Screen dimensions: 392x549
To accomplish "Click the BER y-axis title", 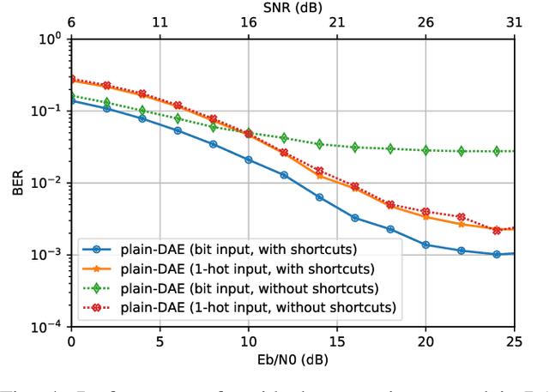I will tap(18, 183).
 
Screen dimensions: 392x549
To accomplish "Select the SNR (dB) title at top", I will tap(293, 7).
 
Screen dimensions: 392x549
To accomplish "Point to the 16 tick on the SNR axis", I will tap(248, 24).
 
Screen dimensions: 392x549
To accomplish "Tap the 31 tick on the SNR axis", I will tap(514, 24).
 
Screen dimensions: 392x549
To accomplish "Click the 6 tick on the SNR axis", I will tap(70, 24).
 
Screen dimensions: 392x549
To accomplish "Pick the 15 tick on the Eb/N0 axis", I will tap(337, 342).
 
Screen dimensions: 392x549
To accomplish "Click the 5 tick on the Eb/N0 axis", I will tap(160, 342).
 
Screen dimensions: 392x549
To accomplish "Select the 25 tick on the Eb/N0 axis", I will tap(514, 342).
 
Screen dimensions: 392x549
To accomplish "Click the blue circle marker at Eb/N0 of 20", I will tap(425, 244).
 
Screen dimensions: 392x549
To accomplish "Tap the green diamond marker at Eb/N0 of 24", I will tap(497, 151).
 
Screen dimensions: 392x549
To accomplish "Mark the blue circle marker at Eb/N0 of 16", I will tap(354, 218).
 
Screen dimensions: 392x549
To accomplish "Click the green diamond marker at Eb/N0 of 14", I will tap(319, 144).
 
